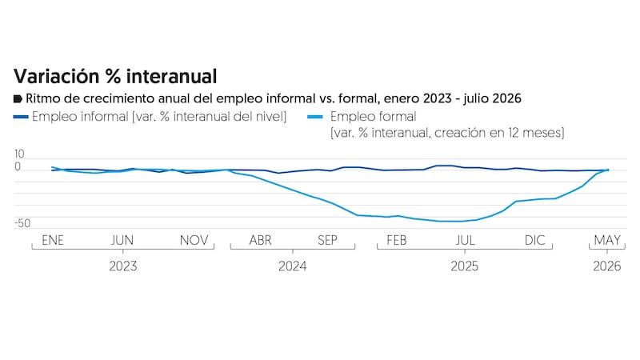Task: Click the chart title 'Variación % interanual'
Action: pos(115,76)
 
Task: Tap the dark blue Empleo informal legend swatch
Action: pos(21,117)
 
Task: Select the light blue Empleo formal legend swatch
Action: pos(315,117)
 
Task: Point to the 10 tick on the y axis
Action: pos(19,154)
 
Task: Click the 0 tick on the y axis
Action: pos(17,166)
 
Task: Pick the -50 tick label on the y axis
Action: pos(22,223)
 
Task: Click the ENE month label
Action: pos(53,240)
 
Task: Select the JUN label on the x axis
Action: pos(122,240)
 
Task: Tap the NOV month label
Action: pos(194,240)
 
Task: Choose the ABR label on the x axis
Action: pos(261,240)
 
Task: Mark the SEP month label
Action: pos(327,240)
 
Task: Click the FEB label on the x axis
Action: pos(397,240)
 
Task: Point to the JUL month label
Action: pos(466,240)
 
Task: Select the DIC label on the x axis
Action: pos(534,240)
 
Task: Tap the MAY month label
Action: pos(607,240)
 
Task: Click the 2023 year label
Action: pos(123,266)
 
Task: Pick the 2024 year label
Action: pos(293,266)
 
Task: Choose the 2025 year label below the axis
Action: pos(465,266)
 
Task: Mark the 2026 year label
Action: pos(607,266)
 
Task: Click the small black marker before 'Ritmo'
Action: pos(18,98)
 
